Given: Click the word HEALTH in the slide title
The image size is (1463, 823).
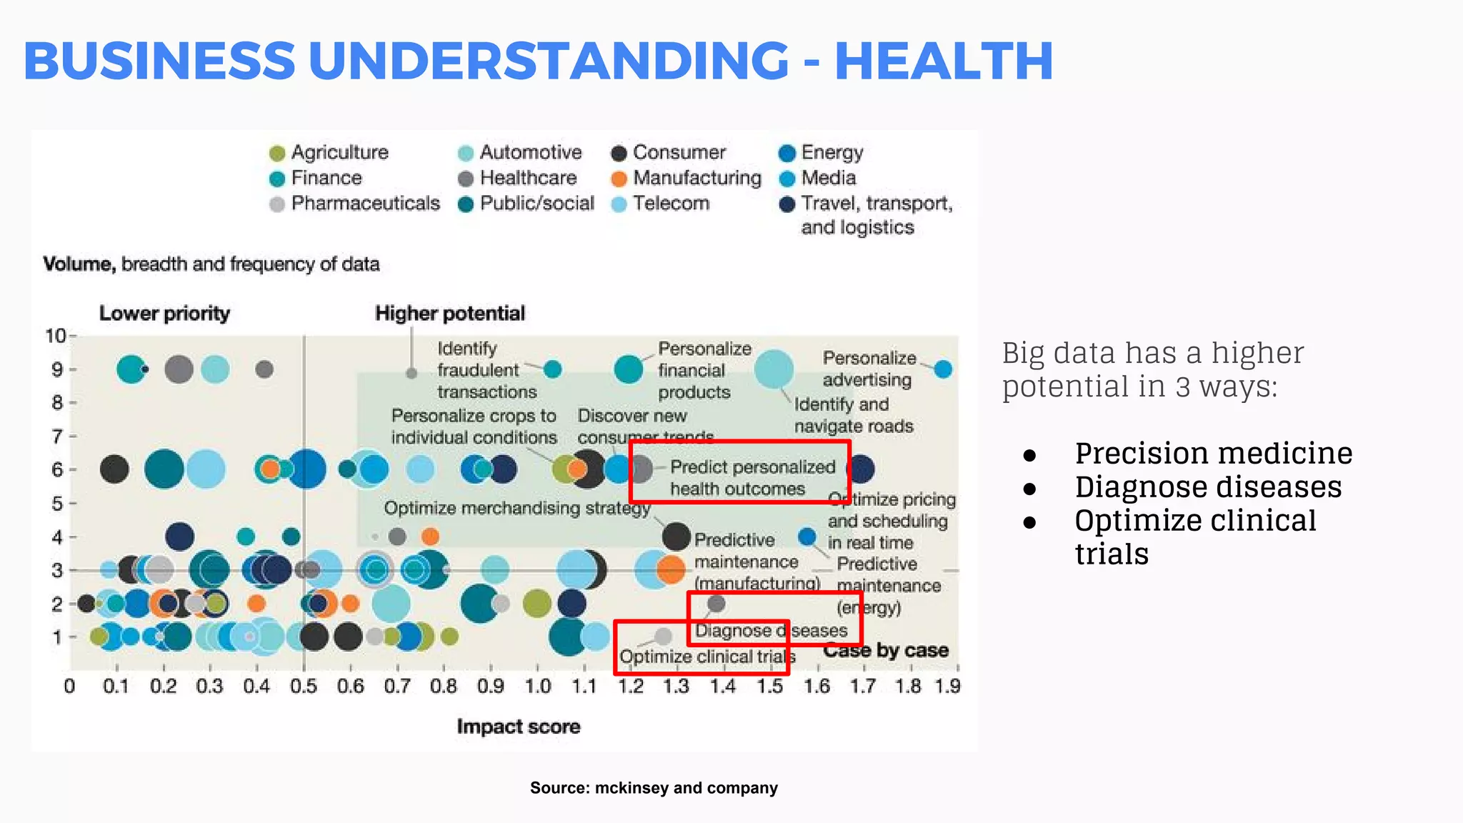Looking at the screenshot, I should pos(944,61).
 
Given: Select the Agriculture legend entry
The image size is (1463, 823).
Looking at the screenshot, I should pos(339,152).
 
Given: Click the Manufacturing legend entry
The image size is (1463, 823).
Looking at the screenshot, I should pos(696,178).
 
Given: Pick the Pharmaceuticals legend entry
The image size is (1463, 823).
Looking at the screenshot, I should pos(364,204).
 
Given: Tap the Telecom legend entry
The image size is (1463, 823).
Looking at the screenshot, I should pos(670,204).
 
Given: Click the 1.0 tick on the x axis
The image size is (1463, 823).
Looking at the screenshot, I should pos(537,687).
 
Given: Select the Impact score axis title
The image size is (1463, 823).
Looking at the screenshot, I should pos(518,727).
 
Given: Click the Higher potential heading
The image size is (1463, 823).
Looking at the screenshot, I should pos(449,313).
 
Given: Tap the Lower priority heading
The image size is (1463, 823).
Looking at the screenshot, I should pos(164,313).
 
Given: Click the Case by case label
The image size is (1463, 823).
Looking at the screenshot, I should pos(885,650).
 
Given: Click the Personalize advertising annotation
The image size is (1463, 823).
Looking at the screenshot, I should pos(868,369).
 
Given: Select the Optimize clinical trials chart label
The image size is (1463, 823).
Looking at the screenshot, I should pos(706,657).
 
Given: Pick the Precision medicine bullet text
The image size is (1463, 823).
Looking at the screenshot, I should pos(1213,454).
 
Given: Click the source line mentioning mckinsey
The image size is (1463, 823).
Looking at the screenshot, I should pos(654,788).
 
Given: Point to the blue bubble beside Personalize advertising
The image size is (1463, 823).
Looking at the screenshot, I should pos(943,369).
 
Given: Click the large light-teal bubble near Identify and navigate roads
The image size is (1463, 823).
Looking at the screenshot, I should pos(774,369).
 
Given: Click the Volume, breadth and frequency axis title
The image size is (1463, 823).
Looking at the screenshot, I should pos(211,264).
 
